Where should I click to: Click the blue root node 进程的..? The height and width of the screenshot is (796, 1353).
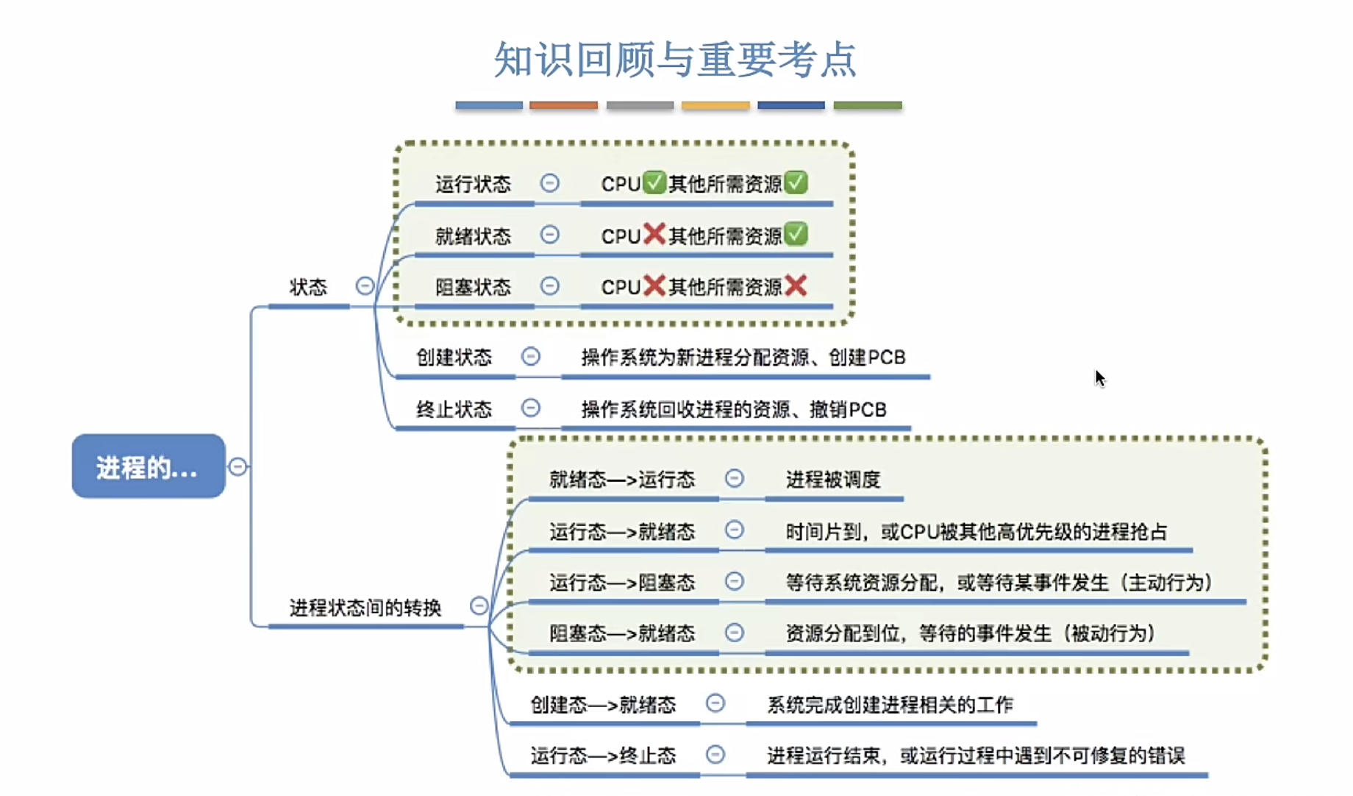(148, 466)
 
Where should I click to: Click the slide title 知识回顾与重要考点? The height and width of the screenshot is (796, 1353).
(675, 60)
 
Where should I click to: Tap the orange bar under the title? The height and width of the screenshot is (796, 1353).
(563, 105)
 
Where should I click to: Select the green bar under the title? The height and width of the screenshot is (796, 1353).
(867, 105)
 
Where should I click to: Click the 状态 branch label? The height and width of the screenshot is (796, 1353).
(307, 287)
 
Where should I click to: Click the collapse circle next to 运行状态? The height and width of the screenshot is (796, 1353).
(549, 182)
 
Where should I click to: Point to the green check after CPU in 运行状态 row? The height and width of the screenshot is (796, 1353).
(654, 182)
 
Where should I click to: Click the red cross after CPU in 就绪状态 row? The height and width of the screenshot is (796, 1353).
(654, 235)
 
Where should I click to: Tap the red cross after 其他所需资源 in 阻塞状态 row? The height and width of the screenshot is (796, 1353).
(796, 286)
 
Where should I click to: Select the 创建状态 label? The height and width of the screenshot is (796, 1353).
(454, 358)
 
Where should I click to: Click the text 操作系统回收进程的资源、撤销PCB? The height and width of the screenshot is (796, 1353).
(734, 409)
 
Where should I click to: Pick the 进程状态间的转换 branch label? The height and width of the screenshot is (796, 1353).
(365, 608)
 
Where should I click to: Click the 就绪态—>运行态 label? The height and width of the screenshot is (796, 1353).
(621, 480)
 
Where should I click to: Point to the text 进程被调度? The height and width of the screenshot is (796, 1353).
(832, 480)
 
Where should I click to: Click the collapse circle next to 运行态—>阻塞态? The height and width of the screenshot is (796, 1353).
(734, 582)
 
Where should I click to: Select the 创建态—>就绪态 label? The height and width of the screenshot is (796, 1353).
(603, 705)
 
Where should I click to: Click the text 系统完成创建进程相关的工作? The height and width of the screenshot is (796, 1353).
(890, 705)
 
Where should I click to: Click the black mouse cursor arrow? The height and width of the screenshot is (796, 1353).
(1099, 378)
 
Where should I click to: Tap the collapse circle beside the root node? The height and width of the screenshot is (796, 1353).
(238, 466)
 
